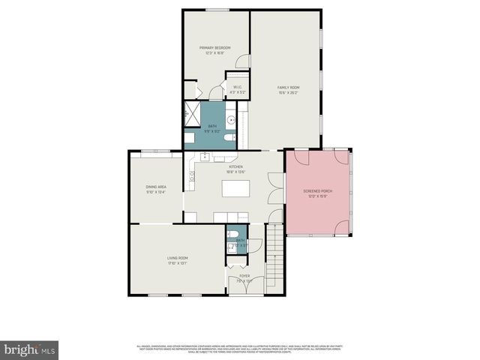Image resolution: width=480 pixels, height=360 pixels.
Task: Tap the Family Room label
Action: click(x=288, y=90)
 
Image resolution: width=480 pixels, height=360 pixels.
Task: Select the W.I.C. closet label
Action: click(x=236, y=89)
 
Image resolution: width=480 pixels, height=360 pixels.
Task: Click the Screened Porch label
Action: click(x=317, y=193)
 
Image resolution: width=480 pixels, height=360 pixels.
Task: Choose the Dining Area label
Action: click(x=155, y=190)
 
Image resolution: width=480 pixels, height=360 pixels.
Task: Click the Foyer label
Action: click(x=244, y=278)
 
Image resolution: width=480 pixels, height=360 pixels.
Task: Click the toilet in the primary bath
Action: click(x=190, y=138)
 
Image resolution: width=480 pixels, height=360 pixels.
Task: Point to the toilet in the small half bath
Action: click(x=233, y=235)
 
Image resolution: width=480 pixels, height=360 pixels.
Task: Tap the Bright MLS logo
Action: click(x=30, y=349)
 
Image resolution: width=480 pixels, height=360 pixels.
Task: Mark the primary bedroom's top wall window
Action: click(x=216, y=10)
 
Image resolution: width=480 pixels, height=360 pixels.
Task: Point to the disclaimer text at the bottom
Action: click(x=239, y=349)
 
